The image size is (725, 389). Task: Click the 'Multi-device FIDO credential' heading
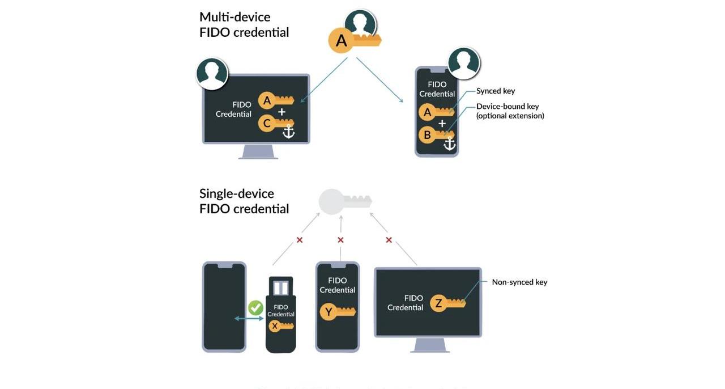pyautogui.click(x=244, y=24)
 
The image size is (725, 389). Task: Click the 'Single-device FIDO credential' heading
pyautogui.click(x=244, y=201)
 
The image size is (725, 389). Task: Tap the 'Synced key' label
pyautogui.click(x=496, y=91)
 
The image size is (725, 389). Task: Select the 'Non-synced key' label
pyautogui.click(x=519, y=282)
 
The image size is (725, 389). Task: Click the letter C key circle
pyautogui.click(x=266, y=123)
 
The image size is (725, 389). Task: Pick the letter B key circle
pyautogui.click(x=427, y=135)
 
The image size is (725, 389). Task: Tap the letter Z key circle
pyautogui.click(x=438, y=303)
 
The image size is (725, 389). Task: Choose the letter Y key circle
pyautogui.click(x=328, y=311)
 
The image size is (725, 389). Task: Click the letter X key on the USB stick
pyautogui.click(x=275, y=325)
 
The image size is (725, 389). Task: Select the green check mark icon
pyautogui.click(x=255, y=308)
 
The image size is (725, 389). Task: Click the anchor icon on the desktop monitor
pyautogui.click(x=288, y=131)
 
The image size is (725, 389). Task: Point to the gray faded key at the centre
pyautogui.click(x=343, y=201)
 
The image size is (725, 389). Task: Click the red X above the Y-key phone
pyautogui.click(x=340, y=240)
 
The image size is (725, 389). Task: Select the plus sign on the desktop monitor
pyautogui.click(x=282, y=112)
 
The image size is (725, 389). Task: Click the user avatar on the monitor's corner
pyautogui.click(x=212, y=74)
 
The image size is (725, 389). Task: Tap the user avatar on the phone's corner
pyautogui.click(x=464, y=63)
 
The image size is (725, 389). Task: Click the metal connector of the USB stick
pyautogui.click(x=281, y=287)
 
